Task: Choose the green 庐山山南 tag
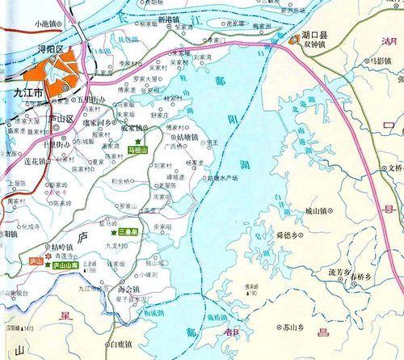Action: pyautogui.click(x=64, y=265)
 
